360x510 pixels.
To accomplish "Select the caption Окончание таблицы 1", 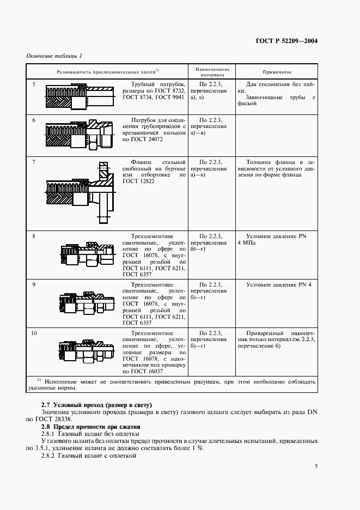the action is click(x=54, y=56).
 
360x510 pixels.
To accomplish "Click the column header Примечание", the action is click(x=277, y=72).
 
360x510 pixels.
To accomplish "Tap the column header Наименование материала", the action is click(x=210, y=72).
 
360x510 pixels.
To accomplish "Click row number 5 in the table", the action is click(x=34, y=85).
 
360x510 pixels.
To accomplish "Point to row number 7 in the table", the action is click(x=34, y=162).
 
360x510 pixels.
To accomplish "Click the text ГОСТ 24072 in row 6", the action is click(x=147, y=139).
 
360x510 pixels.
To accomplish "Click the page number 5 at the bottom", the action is click(x=316, y=466).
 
